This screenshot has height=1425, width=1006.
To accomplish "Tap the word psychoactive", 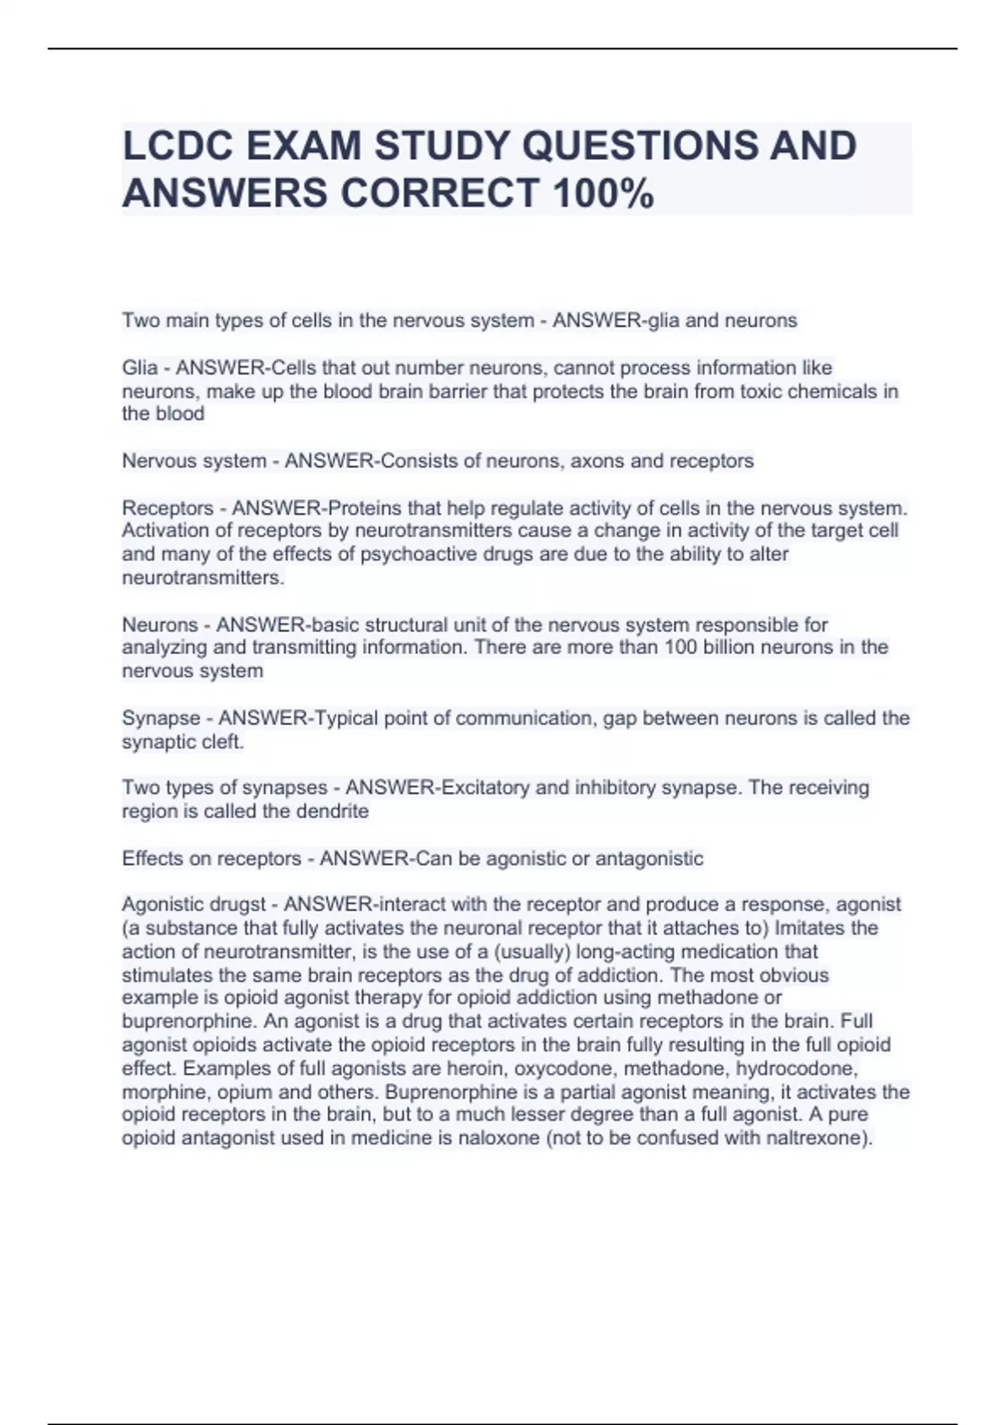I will coord(413,554).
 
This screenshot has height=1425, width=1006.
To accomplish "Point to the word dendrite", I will coord(332,811).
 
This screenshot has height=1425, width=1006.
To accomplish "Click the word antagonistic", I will coord(649,858).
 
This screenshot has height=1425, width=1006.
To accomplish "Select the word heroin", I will coord(477,1069).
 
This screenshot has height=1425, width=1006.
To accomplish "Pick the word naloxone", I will coord(500,1138).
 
